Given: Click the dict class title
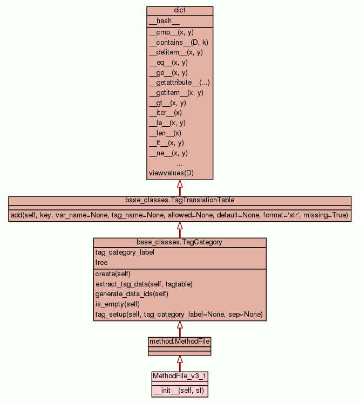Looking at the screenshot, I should click(x=180, y=11).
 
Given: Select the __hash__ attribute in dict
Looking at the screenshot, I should click(x=160, y=21).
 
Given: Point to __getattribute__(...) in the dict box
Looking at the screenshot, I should click(x=179, y=83).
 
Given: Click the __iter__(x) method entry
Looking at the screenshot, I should click(x=165, y=113).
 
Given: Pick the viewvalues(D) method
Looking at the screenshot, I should click(x=171, y=173).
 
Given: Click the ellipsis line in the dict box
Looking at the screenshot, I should click(x=180, y=163).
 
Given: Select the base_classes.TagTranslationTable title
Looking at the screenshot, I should click(x=180, y=200).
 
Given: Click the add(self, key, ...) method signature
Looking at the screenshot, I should click(x=180, y=215).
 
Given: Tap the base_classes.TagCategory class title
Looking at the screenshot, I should click(x=180, y=242).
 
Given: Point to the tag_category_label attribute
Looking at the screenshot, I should click(x=121, y=252).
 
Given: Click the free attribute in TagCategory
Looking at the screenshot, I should click(x=101, y=263).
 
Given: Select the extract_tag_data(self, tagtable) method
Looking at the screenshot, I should click(x=144, y=284).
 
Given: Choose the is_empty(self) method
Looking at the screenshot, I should click(x=117, y=304).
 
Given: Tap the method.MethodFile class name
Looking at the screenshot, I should click(x=180, y=341).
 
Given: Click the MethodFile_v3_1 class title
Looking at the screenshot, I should click(x=180, y=375).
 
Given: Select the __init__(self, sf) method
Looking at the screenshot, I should click(x=179, y=390).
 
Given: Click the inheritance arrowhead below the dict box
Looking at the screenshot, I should click(x=180, y=184).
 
